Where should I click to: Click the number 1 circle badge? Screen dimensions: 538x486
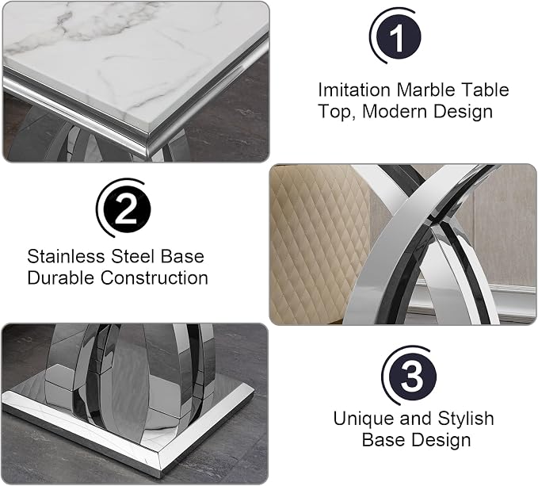pyautogui.click(x=399, y=36)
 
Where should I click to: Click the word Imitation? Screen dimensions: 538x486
pyautogui.click(x=354, y=90)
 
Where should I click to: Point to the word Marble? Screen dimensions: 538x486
pyautogui.click(x=426, y=90)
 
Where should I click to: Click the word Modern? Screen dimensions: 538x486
pyautogui.click(x=395, y=112)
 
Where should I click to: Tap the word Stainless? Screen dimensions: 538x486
pyautogui.click(x=67, y=256)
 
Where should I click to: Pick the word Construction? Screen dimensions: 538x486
pyautogui.click(x=155, y=277)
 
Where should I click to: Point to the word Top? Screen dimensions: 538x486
pyautogui.click(x=337, y=113)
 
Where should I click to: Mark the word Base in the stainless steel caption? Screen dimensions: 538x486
pyautogui.click(x=182, y=256)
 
